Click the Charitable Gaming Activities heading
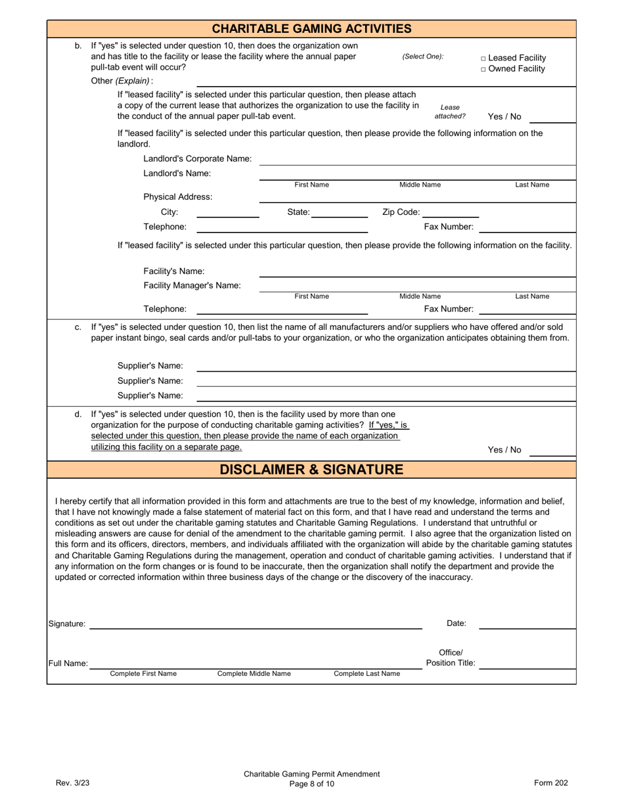(311, 28)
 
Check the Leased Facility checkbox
(484, 58)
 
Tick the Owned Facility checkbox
(484, 69)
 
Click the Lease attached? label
(450, 112)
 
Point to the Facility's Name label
(174, 271)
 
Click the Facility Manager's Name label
(192, 285)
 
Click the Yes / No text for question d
(504, 450)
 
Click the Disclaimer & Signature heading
(311, 469)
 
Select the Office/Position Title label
(451, 658)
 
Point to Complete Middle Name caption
(254, 673)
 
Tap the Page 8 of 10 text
(311, 784)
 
